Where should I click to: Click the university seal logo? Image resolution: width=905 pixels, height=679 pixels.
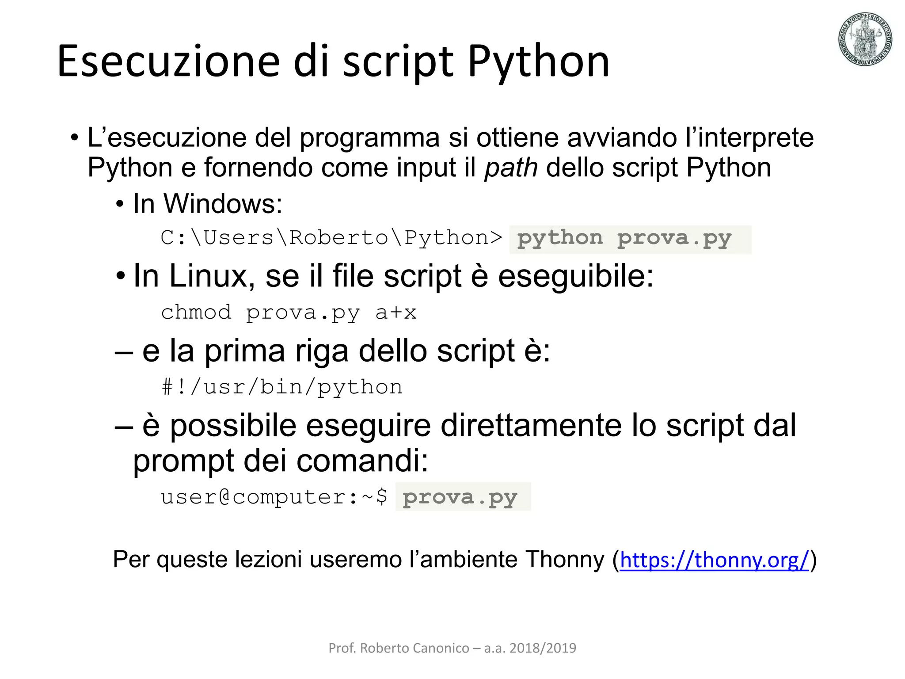865,39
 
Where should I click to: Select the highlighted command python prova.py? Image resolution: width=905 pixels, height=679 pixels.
624,239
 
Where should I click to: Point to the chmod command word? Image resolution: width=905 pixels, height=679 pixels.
196,313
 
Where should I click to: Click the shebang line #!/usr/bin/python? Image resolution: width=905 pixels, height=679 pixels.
282,387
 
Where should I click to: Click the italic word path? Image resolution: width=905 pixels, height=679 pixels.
511,168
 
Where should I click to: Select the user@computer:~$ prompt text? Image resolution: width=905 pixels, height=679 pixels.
274,497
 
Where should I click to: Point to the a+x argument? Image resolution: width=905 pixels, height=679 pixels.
396,313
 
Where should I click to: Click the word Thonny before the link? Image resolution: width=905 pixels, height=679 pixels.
564,560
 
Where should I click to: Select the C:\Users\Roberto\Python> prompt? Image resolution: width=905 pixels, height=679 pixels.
331,238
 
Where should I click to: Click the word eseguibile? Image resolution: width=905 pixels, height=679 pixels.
575,276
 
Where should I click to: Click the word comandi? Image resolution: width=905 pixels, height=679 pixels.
362,461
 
